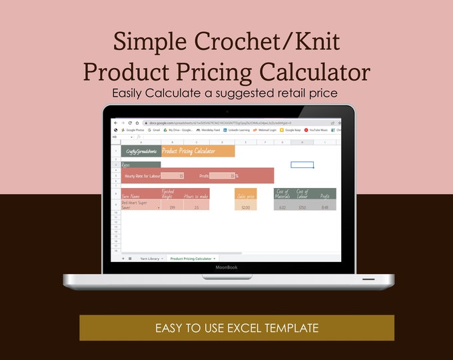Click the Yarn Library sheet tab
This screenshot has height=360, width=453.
pyautogui.click(x=149, y=258)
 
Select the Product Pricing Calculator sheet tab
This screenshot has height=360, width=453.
pyautogui.click(x=191, y=258)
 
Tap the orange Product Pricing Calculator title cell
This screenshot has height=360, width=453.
pyautogui.click(x=197, y=151)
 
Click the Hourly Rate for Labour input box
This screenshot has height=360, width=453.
pyautogui.click(x=172, y=176)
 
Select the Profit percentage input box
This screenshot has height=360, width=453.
pyautogui.click(x=222, y=176)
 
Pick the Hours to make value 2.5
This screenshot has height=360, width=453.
pyautogui.click(x=196, y=208)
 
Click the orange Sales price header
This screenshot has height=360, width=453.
pyautogui.click(x=245, y=195)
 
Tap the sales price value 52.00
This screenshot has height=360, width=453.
pyautogui.click(x=245, y=208)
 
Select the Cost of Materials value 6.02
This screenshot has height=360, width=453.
pyautogui.click(x=282, y=208)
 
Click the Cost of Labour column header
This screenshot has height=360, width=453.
pyautogui.click(x=302, y=194)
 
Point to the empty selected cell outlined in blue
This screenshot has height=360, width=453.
pyautogui.click(x=302, y=165)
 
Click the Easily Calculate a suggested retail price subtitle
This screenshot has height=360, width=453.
pyautogui.click(x=226, y=93)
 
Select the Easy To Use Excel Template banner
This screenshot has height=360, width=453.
pyautogui.click(x=236, y=328)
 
